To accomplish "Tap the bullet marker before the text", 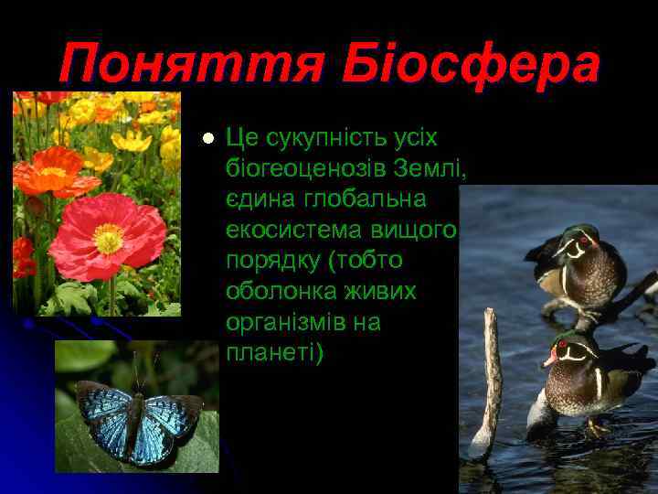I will [207, 138].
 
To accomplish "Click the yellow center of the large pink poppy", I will [109, 238].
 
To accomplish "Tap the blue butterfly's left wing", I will [105, 416].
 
